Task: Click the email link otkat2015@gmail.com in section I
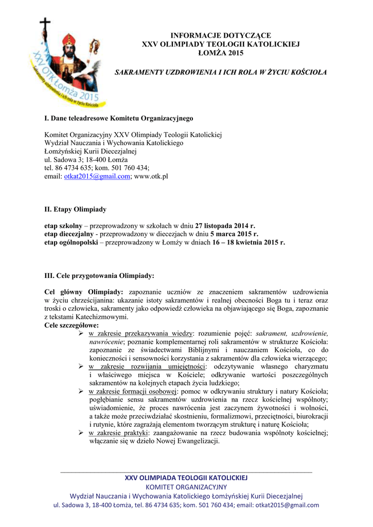[97, 176]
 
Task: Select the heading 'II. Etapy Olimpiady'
[75, 209]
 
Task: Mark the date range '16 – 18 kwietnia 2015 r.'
[248, 242]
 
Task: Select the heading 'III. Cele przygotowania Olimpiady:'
[99, 275]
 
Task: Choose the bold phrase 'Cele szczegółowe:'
[72, 325]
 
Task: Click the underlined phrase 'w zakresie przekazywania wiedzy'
[140, 333]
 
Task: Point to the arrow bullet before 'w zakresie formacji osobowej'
[81, 392]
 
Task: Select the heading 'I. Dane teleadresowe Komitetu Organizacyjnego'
[119, 118]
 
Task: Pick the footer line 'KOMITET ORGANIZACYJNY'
[186, 486]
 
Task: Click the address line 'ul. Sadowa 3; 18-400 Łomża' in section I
[86, 160]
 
